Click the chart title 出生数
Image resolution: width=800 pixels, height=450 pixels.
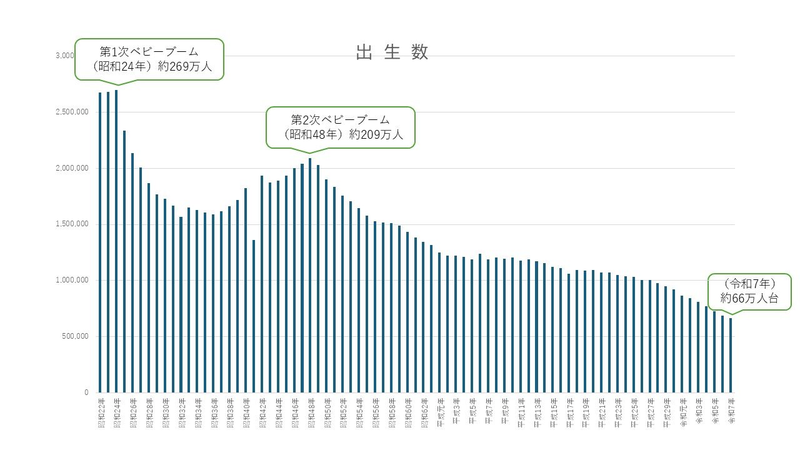point(392,52)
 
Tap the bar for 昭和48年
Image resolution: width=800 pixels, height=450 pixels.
point(310,275)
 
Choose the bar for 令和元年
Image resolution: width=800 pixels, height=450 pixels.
point(682,344)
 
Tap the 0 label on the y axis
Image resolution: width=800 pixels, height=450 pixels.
point(86,392)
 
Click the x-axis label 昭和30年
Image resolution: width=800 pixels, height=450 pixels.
point(165,410)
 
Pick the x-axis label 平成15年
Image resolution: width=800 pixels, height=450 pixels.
point(554,410)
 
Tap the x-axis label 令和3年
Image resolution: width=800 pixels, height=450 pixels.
point(698,409)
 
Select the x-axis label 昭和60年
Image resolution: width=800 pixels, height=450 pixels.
point(407,410)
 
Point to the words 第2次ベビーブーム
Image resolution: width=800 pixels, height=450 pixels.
point(341,119)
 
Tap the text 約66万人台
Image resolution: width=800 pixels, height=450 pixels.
point(749,299)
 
